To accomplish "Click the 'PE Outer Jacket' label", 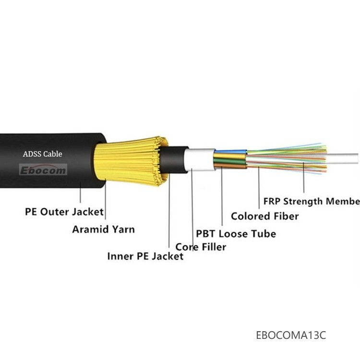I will pos(64,211).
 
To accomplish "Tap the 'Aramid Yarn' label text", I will pos(103,229).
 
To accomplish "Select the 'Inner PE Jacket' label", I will pos(145,256).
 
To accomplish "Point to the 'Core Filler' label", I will pos(201,247).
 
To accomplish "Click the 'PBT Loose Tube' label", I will pos(236,234).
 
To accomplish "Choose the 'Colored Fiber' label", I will pos(264,216).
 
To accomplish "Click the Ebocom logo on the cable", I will pos(43,169).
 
